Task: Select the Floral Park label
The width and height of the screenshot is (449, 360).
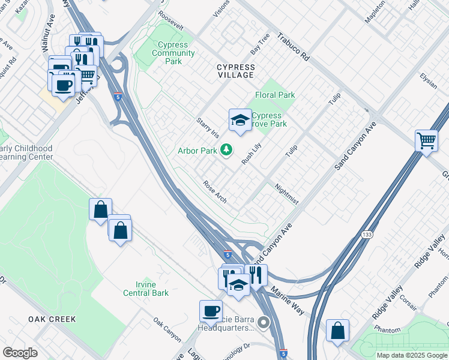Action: [x=275, y=95]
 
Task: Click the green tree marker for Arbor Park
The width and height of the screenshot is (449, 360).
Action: [x=226, y=149]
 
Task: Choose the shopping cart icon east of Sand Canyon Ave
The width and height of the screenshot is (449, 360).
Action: [x=426, y=141]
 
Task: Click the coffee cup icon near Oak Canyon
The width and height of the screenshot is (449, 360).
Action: [x=211, y=311]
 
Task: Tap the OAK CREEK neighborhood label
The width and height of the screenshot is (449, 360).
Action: [x=52, y=319]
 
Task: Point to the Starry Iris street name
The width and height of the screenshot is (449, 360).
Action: [x=205, y=129]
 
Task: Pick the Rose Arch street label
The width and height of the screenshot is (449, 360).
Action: [x=215, y=192]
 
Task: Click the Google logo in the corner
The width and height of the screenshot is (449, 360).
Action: [x=20, y=353]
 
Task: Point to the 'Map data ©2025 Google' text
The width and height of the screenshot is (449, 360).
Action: [x=411, y=355]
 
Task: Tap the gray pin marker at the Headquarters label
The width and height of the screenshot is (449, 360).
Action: [x=264, y=323]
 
